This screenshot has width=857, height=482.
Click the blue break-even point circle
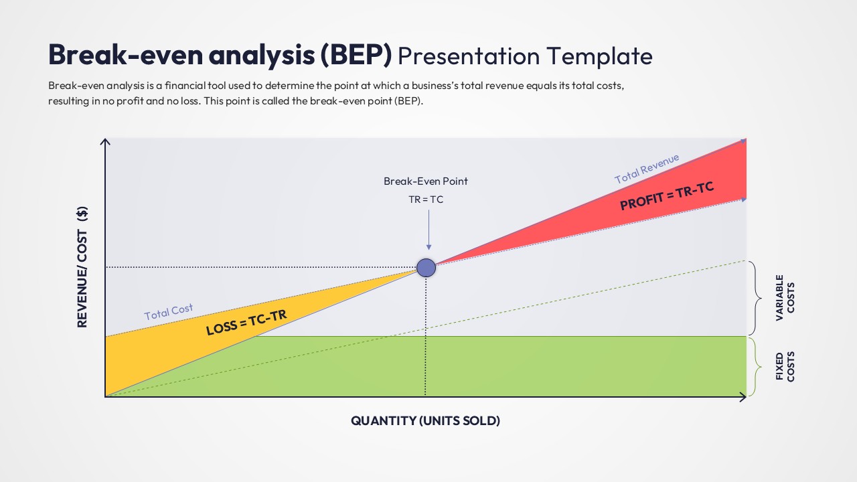click(x=426, y=268)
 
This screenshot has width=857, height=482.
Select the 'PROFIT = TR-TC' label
click(x=667, y=196)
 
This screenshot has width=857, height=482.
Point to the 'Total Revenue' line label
click(x=647, y=168)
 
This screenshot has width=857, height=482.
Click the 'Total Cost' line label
click(x=169, y=312)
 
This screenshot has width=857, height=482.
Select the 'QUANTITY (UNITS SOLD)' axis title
click(x=426, y=421)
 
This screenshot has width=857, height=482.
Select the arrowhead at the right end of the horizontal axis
click(x=743, y=397)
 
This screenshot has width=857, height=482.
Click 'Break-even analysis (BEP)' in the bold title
click(x=220, y=56)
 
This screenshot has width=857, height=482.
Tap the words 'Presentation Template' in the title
click(x=525, y=56)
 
